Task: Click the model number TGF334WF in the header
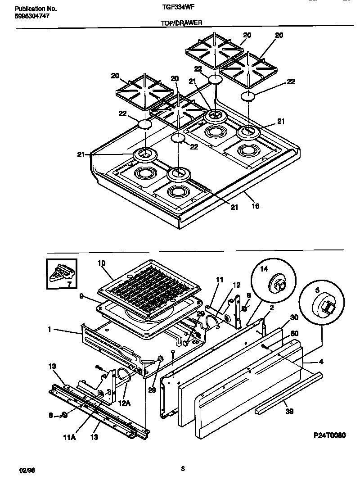(x=175, y=8)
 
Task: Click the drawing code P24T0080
(x=329, y=435)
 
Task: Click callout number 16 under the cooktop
(x=256, y=206)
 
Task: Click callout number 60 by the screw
(x=295, y=334)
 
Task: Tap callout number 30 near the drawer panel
(x=294, y=317)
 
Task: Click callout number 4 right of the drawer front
(x=320, y=361)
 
